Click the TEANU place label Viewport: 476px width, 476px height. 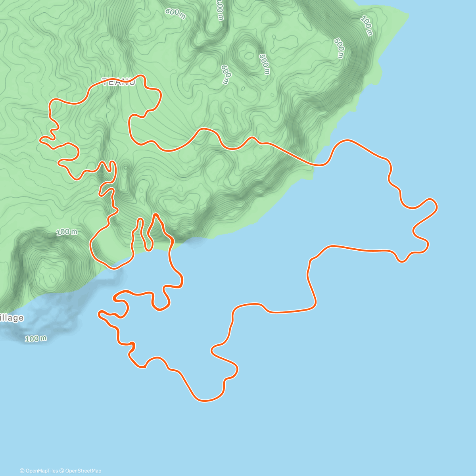click(x=119, y=82)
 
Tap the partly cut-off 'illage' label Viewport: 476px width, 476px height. click(x=12, y=318)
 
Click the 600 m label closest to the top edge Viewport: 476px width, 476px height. click(x=175, y=12)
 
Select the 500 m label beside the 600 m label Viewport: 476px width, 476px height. click(x=265, y=64)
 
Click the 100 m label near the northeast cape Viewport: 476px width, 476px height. click(x=367, y=26)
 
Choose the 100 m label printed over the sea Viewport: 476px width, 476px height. click(x=36, y=338)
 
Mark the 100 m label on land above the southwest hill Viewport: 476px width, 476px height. click(x=67, y=232)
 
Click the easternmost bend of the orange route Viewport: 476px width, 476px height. click(x=437, y=206)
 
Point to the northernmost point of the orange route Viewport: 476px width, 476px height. click(x=140, y=75)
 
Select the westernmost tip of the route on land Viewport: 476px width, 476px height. click(x=40, y=139)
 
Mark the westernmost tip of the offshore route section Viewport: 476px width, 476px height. click(x=99, y=314)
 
